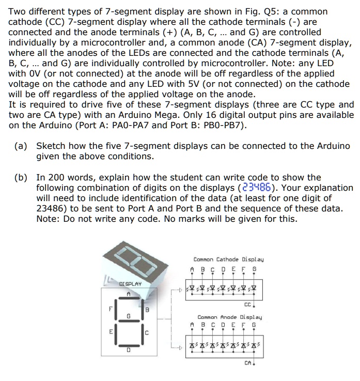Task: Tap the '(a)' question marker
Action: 21,146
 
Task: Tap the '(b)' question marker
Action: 21,177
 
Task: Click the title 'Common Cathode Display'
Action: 228,260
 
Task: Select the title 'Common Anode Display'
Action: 229,317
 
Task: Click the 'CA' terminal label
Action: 247,363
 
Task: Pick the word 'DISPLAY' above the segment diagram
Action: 130,284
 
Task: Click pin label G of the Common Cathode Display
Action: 254,269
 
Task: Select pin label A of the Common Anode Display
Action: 192,325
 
